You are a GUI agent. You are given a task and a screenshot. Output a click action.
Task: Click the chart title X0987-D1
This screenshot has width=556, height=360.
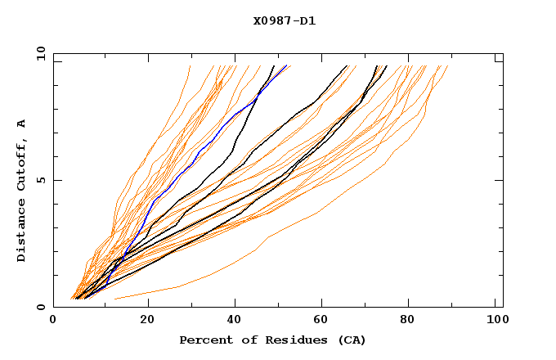click(285, 21)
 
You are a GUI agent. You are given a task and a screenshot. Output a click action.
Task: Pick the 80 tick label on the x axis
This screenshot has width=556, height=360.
click(408, 322)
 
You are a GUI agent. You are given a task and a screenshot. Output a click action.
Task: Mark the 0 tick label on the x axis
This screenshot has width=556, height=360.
click(53, 322)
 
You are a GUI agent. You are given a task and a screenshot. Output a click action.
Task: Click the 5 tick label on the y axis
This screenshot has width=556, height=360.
click(40, 180)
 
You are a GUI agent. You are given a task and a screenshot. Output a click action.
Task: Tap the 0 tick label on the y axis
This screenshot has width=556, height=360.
click(40, 307)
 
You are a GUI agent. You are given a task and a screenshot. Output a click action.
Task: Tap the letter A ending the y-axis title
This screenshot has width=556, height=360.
click(22, 123)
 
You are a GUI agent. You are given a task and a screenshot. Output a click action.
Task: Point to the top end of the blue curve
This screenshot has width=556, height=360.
click(287, 65)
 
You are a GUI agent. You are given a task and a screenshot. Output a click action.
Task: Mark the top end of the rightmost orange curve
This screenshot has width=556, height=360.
click(448, 65)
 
